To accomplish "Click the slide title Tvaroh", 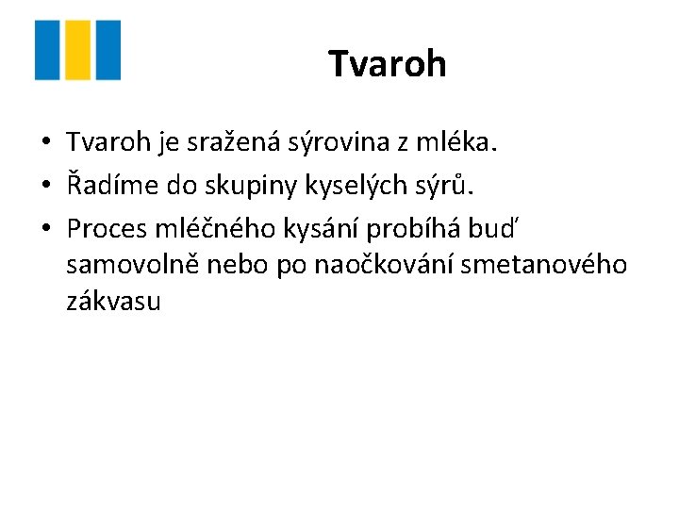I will click(x=387, y=64).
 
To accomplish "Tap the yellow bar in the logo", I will click(x=78, y=50).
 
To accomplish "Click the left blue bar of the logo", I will click(x=46, y=50).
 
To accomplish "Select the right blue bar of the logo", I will click(x=108, y=50).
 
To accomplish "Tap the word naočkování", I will click(x=355, y=266).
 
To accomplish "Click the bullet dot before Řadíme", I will click(x=44, y=186).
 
